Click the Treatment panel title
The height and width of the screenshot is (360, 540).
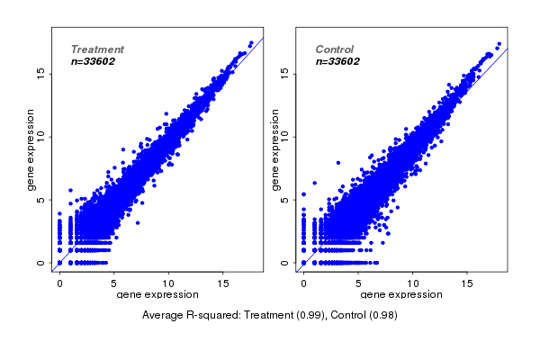tap(97, 49)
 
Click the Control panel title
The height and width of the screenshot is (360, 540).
tap(334, 49)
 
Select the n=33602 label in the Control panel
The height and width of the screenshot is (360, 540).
tap(337, 61)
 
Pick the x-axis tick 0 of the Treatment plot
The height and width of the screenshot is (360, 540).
tap(59, 283)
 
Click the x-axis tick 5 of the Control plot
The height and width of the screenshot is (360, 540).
tap(358, 283)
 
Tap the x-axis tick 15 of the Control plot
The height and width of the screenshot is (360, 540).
tap(468, 283)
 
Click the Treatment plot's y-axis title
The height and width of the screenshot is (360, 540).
tap(31, 149)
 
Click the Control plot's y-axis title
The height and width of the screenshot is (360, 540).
tap(275, 149)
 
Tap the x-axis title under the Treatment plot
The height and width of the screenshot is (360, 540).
tap(157, 295)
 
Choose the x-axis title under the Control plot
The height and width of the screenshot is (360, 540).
tap(401, 295)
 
